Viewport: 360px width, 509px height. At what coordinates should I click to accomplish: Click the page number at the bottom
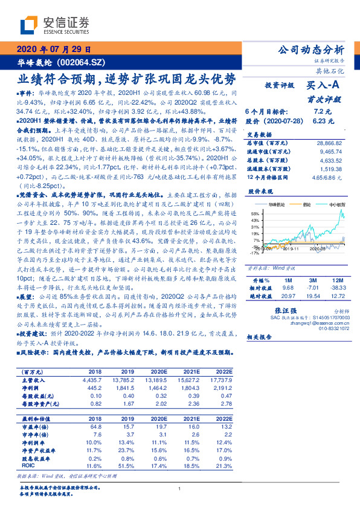[180, 489]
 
